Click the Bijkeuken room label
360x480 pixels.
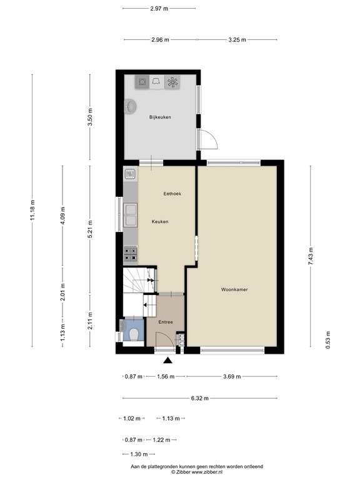[x=160, y=117]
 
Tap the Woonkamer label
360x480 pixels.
[x=234, y=289]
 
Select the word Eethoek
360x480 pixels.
[x=172, y=194]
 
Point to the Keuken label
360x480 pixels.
[x=160, y=222]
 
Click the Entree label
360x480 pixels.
[x=166, y=322]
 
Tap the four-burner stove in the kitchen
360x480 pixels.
[x=131, y=253]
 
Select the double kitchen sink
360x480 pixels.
[x=131, y=215]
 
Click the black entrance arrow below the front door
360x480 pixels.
[x=167, y=360]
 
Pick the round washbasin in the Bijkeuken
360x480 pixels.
[x=131, y=107]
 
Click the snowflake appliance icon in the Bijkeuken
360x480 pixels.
[x=172, y=82]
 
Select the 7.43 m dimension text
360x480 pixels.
[x=311, y=256]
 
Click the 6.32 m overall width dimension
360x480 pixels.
[x=200, y=399]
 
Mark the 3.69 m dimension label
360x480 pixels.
[x=232, y=376]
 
